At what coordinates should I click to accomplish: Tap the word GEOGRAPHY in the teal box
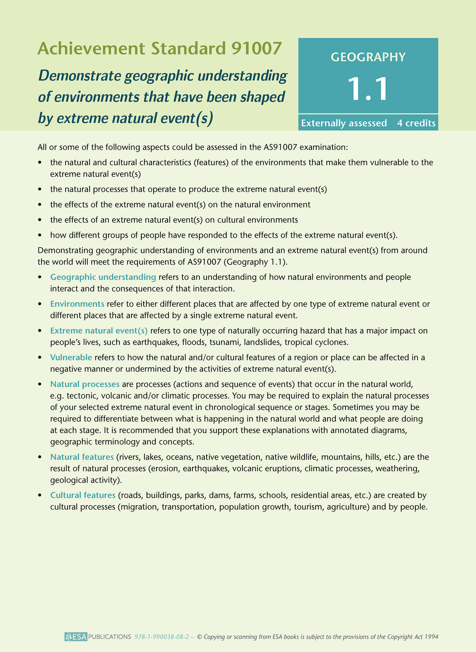pyautogui.click(x=368, y=57)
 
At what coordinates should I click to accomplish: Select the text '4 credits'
pyautogui.click(x=416, y=123)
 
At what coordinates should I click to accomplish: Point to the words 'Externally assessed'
pyautogui.click(x=344, y=123)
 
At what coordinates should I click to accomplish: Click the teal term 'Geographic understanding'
pyautogui.click(x=103, y=277)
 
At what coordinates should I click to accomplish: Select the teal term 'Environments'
pyautogui.click(x=77, y=304)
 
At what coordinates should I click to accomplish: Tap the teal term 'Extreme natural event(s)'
pyautogui.click(x=99, y=330)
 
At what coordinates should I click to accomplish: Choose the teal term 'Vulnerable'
pyautogui.click(x=71, y=357)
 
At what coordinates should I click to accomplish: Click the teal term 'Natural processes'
pyautogui.click(x=85, y=384)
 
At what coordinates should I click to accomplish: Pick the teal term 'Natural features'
pyautogui.click(x=82, y=457)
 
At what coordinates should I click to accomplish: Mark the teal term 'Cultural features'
pyautogui.click(x=83, y=495)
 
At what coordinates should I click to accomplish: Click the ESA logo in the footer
pyautogui.click(x=76, y=636)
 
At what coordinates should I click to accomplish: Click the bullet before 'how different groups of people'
pyautogui.click(x=40, y=235)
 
